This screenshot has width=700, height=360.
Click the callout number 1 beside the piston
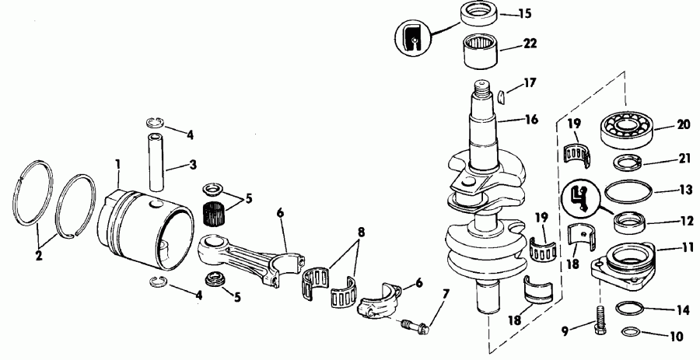[x=117, y=166]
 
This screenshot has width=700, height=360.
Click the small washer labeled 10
[x=632, y=334]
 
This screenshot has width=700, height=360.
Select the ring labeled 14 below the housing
[x=629, y=309]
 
